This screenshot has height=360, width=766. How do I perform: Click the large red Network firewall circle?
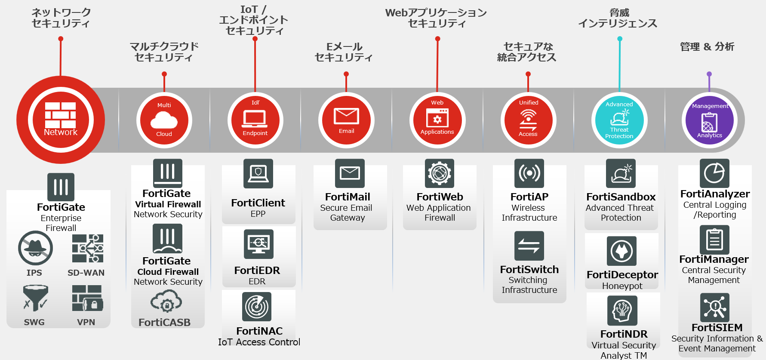point(61,120)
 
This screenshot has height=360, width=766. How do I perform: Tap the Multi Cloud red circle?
point(164,120)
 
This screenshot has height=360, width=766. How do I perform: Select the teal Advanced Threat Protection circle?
point(619,120)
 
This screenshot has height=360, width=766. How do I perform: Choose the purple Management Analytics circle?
point(710,120)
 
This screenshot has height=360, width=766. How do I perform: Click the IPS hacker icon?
point(35,248)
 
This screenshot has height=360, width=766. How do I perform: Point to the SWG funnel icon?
point(35,298)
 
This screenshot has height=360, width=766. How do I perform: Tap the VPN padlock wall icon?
point(87,298)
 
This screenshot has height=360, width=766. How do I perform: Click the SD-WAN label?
point(86,273)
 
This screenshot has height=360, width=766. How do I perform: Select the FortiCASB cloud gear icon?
point(166,302)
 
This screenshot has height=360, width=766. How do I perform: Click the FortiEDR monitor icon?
point(258,244)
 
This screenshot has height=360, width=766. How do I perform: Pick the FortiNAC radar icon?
point(257,307)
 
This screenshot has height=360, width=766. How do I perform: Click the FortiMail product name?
point(348,197)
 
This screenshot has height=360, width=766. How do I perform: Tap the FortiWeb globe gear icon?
point(439,173)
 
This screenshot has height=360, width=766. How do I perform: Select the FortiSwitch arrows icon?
point(529,246)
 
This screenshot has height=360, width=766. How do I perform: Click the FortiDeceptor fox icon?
point(621,251)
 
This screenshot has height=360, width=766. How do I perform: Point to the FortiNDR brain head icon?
point(622,311)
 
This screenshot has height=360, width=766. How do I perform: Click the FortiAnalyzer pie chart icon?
point(714,173)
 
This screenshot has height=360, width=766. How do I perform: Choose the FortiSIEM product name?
point(717,328)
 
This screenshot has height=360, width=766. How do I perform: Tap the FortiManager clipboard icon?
point(714,240)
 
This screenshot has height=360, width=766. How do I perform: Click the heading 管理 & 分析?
point(707,46)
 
